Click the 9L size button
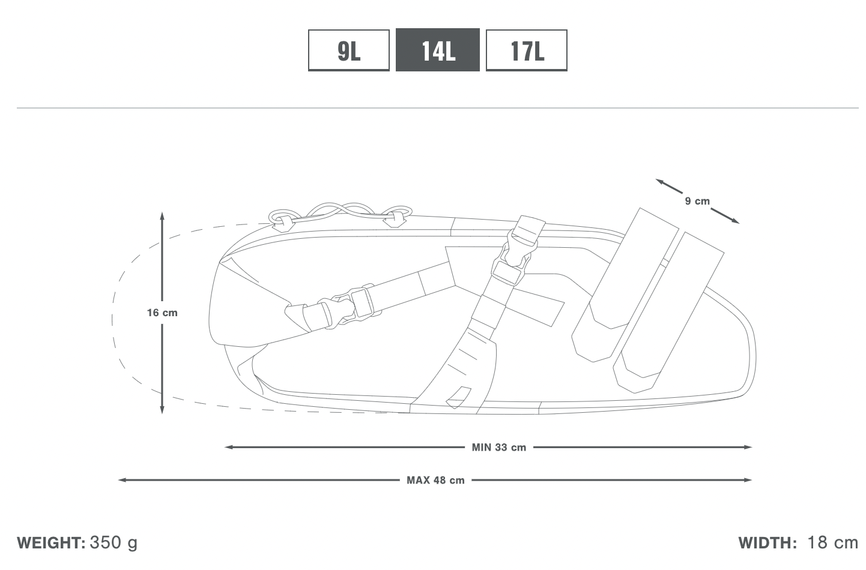tap(349, 50)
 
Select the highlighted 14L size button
tap(438, 50)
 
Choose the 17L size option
tap(527, 50)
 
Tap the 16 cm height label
tap(162, 313)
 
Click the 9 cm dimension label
tap(697, 201)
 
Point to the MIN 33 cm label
tap(498, 448)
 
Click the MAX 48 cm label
tap(435, 481)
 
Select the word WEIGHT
tap(51, 543)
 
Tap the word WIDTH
tap(768, 543)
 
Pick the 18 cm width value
tap(833, 542)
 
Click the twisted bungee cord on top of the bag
tap(340, 213)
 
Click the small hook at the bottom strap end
tap(458, 398)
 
